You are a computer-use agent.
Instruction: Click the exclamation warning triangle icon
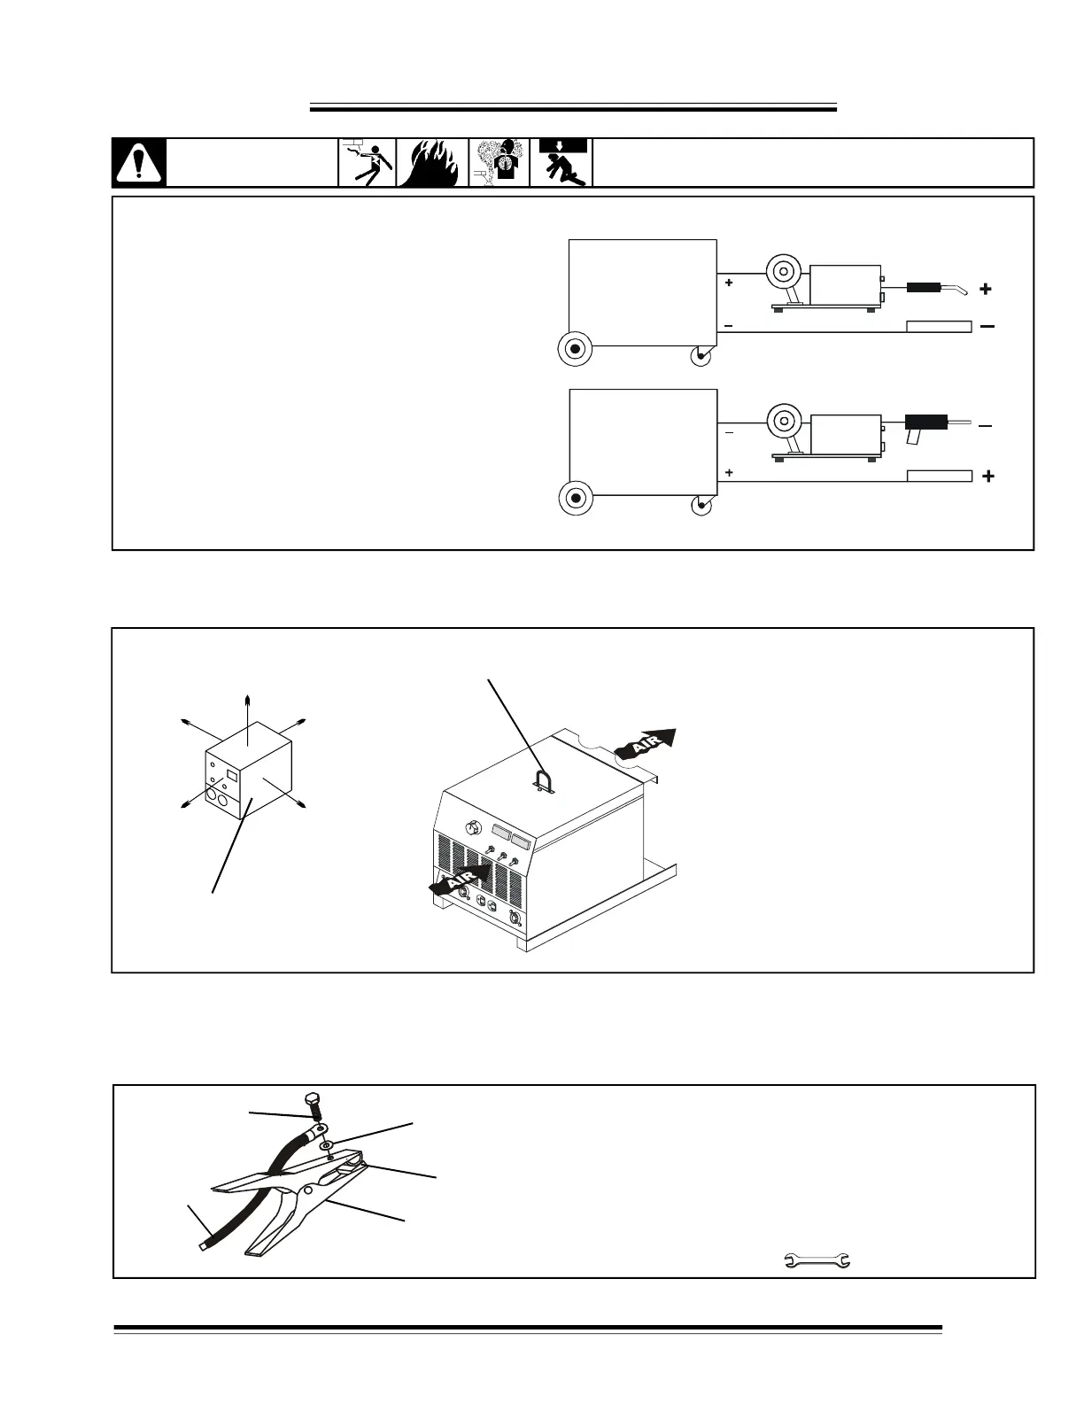coord(139,163)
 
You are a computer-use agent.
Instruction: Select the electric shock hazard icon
coord(368,163)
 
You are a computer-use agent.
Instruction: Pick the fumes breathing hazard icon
coord(499,163)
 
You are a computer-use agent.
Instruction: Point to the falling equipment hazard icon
coord(561,163)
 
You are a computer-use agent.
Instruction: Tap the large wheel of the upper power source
coord(575,350)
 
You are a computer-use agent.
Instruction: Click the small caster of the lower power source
coord(701,506)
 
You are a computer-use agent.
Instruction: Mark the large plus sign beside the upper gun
coord(986,289)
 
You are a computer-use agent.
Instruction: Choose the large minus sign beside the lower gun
coord(986,426)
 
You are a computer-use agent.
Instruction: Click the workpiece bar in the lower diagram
coord(940,477)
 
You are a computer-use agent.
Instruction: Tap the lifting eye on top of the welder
coord(539,779)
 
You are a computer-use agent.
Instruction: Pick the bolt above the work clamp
coord(311,1104)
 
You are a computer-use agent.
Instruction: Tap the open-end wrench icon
coord(817,1260)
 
